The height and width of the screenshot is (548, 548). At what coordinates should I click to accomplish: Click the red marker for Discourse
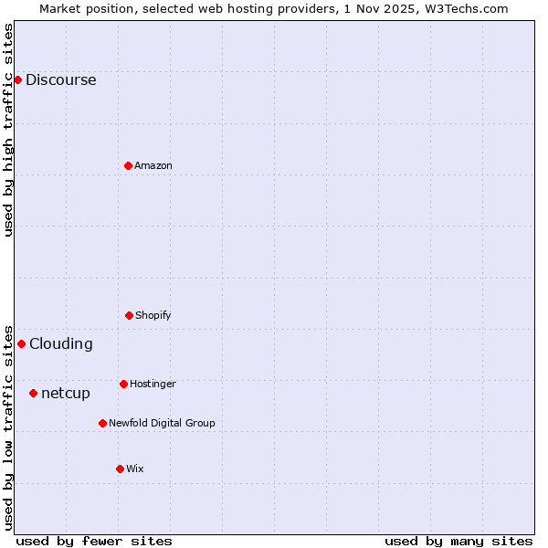tap(17, 79)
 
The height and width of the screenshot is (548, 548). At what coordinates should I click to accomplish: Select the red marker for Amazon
tap(128, 165)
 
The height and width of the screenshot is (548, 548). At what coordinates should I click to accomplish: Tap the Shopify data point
tap(129, 315)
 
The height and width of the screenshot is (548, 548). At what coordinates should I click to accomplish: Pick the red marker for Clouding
tap(21, 343)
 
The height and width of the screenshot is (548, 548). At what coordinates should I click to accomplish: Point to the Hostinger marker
tap(123, 384)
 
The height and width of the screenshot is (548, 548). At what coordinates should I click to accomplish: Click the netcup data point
tap(33, 393)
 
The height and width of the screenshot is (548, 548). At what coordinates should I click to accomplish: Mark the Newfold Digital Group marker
tap(102, 423)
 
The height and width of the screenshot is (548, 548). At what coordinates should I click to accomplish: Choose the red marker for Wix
tap(120, 469)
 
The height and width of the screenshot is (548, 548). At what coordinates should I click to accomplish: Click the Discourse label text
tap(60, 79)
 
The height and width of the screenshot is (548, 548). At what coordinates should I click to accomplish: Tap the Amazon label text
tap(153, 165)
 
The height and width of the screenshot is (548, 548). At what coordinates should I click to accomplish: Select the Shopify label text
tap(153, 315)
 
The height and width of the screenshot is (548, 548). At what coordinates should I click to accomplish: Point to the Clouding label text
tap(60, 343)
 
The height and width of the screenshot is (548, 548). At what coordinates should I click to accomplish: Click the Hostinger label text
tap(153, 384)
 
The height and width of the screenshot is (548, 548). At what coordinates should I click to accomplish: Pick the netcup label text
tap(66, 394)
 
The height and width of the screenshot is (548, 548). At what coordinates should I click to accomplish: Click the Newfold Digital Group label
tap(162, 423)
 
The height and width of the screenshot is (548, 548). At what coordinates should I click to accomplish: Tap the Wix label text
tap(135, 469)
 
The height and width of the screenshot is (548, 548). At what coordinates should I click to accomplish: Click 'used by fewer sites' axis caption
tap(94, 541)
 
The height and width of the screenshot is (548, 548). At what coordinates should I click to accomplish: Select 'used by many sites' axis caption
tap(458, 541)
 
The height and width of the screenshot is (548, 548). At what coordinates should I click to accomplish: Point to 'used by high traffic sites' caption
tap(8, 130)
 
